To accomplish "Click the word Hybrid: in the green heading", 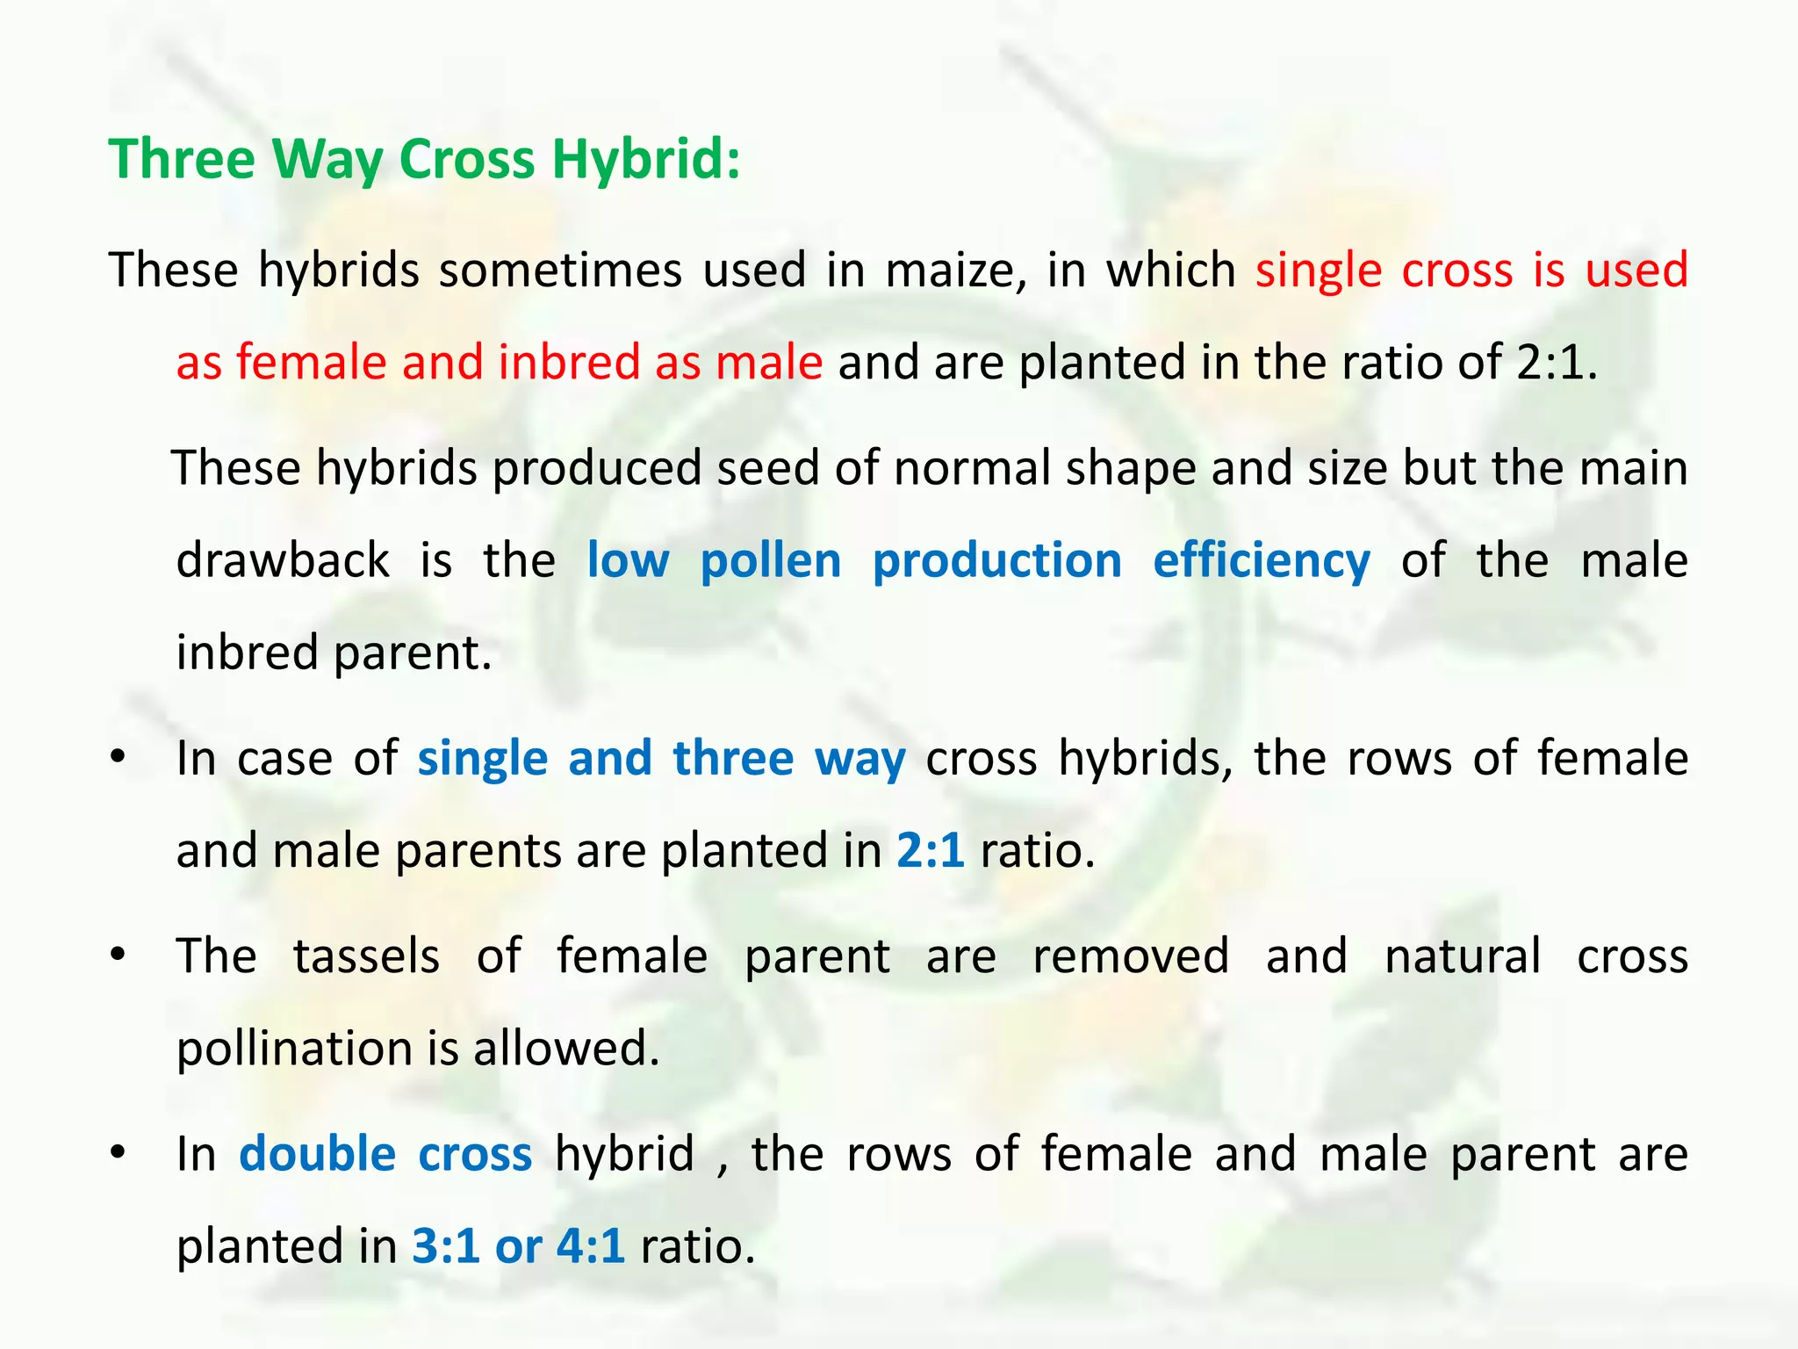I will [x=645, y=160].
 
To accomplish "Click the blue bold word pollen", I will [x=771, y=560].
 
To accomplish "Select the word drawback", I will [x=283, y=560].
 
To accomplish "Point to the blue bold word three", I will [x=733, y=758].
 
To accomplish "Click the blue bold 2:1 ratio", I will [x=930, y=850].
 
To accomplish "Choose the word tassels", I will [x=366, y=956].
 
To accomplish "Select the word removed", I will [x=1131, y=956].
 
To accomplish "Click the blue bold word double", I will [x=318, y=1154].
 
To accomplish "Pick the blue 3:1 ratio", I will [x=445, y=1245].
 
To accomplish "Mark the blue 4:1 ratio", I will [x=590, y=1245].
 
